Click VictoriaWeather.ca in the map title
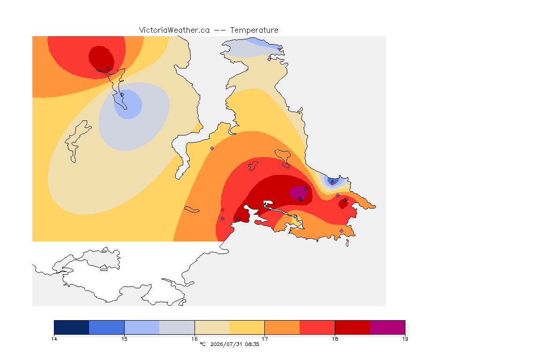[174, 30]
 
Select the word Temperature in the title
[254, 30]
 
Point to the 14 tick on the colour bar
[54, 339]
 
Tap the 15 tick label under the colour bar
[124, 339]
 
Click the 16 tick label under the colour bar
[195, 339]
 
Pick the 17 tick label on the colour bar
[264, 339]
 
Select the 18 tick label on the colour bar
[335, 339]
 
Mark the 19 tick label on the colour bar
[405, 339]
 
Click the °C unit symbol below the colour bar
[202, 344]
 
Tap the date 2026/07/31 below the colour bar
[226, 344]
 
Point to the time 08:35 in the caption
[252, 344]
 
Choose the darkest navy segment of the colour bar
[72, 327]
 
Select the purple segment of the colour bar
[388, 327]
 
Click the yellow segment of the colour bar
[247, 327]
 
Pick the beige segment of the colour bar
[212, 327]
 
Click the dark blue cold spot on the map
[333, 181]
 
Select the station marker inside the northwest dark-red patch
[108, 69]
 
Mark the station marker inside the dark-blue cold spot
[332, 183]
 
